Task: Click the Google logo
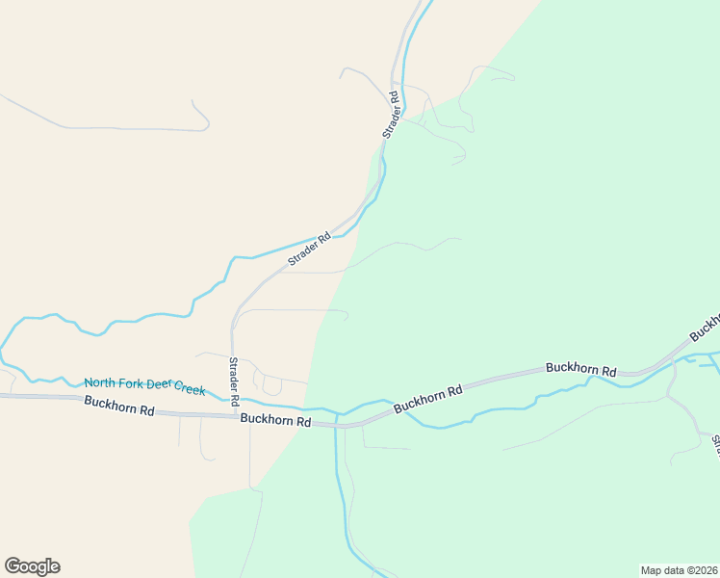tap(32, 566)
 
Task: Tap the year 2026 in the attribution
tap(701, 570)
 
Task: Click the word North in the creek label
tap(100, 382)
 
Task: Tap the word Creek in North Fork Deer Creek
tap(190, 388)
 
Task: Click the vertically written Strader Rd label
tap(233, 380)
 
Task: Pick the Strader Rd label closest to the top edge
tap(390, 114)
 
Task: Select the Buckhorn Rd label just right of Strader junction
tap(275, 421)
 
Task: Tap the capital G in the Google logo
tap(13, 566)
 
